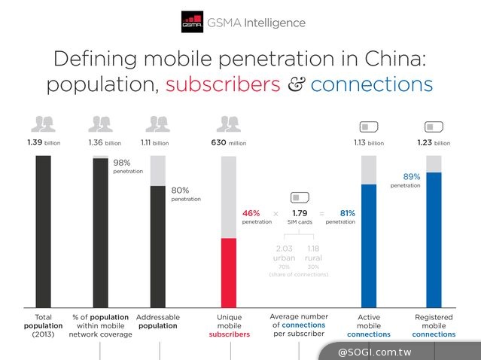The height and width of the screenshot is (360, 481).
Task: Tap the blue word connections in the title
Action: [371, 84]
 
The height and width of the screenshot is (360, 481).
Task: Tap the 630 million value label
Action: [228, 142]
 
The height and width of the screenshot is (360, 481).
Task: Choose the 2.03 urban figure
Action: [285, 253]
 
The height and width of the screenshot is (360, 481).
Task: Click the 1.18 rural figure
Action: [314, 253]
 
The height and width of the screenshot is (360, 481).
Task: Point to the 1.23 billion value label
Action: [434, 142]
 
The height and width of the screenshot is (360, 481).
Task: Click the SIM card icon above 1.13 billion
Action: [369, 126]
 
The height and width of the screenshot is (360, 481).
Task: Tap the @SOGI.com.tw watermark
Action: [398, 351]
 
